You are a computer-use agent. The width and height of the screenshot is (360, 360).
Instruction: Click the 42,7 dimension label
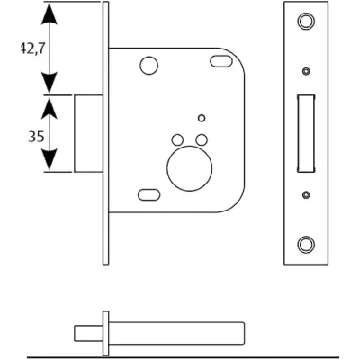click(x=32, y=49)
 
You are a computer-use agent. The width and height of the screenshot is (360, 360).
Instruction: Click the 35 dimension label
click(x=36, y=137)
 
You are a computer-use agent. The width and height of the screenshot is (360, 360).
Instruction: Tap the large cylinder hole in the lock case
click(x=190, y=168)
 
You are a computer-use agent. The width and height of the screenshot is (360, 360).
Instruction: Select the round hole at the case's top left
click(x=149, y=65)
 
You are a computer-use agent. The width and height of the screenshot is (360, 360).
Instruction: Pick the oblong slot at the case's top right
click(x=221, y=61)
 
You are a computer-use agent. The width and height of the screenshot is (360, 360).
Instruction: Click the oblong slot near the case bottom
click(x=149, y=194)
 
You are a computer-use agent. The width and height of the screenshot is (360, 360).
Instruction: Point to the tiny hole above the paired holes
click(x=202, y=118)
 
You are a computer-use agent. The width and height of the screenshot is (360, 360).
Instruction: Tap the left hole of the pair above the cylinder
click(x=177, y=139)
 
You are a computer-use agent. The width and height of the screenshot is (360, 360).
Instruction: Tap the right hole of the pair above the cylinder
click(x=202, y=139)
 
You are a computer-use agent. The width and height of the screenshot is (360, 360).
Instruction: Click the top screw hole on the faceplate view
click(x=306, y=21)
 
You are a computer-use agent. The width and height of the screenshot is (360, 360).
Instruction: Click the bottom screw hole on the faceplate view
click(x=306, y=245)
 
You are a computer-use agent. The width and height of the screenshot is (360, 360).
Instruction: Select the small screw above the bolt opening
click(x=306, y=71)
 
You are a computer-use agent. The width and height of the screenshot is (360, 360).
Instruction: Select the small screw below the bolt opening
click(x=306, y=195)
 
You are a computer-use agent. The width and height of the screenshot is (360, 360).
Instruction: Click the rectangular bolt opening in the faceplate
click(x=306, y=134)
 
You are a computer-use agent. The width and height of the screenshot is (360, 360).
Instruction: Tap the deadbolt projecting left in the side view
click(x=88, y=133)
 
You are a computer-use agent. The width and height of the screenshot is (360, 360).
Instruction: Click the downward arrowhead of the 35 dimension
click(x=49, y=160)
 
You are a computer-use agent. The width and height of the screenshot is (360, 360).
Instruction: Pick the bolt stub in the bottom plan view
click(x=88, y=333)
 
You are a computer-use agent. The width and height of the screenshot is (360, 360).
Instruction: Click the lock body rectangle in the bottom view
click(x=176, y=333)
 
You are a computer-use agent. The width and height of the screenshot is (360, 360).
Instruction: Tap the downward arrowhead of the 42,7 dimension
click(x=49, y=83)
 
